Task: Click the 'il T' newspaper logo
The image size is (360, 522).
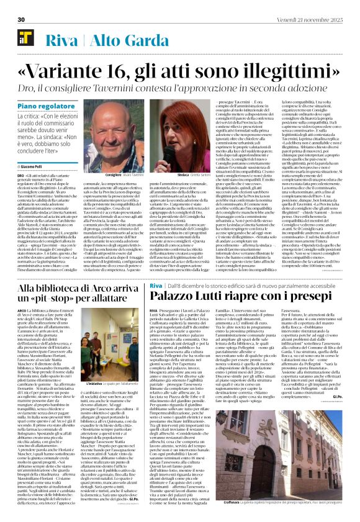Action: pos(25,40)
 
